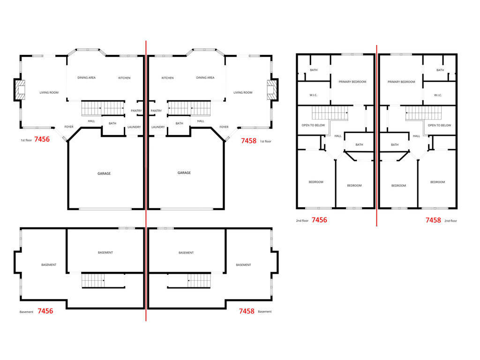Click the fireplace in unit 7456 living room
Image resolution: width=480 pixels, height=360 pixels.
point(20,90)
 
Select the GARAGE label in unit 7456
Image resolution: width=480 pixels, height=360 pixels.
point(104,173)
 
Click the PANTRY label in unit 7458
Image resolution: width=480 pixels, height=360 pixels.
point(156,111)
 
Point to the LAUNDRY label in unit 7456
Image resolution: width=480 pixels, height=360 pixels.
point(134,127)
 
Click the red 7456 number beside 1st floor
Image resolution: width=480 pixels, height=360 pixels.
point(42,139)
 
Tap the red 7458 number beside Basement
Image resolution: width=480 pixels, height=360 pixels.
point(247,311)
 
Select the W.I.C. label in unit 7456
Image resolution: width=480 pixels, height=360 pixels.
point(314,95)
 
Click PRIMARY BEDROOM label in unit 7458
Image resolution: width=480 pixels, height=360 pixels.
point(401,82)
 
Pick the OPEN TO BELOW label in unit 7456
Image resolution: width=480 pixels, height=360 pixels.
point(314,125)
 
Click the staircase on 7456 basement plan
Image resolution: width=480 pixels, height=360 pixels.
point(93,281)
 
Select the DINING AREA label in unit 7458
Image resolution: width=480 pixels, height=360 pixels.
point(205,78)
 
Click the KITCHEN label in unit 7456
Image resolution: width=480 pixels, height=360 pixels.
point(124,78)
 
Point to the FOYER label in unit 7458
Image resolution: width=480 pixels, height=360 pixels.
point(224,127)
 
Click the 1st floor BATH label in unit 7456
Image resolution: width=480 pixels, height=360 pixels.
point(112,124)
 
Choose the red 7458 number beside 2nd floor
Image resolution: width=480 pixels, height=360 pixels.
point(433,220)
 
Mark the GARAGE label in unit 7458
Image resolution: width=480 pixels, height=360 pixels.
point(184,173)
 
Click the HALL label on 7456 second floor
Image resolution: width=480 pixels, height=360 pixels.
point(338,136)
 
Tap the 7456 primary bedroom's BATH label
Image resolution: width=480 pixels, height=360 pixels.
point(314,70)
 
